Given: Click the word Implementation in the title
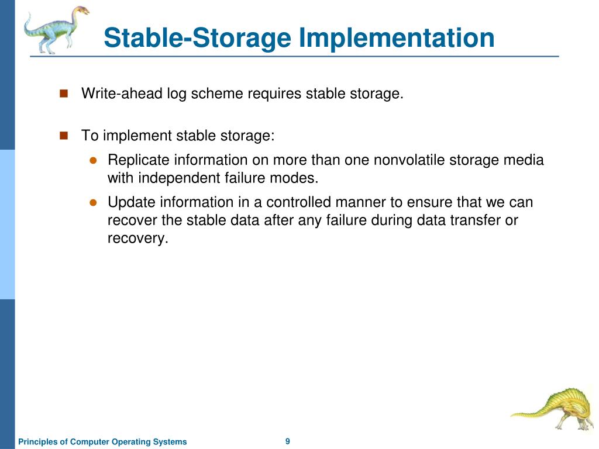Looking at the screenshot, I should tap(397, 39).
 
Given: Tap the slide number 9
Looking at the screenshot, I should tap(288, 441).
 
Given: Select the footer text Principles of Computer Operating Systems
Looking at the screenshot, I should tap(102, 441).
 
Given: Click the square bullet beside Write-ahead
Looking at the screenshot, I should tap(64, 93).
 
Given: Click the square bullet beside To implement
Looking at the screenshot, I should tap(64, 135).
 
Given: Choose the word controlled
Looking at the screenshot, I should tap(298, 202).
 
